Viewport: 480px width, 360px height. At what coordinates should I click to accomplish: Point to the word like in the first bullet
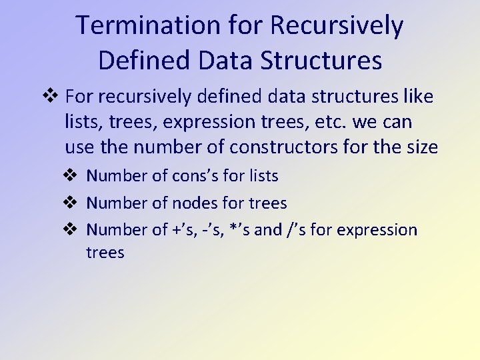coord(419,97)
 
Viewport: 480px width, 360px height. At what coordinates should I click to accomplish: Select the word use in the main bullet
coord(79,147)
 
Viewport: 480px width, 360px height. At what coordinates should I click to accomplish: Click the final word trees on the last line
coord(105,253)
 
